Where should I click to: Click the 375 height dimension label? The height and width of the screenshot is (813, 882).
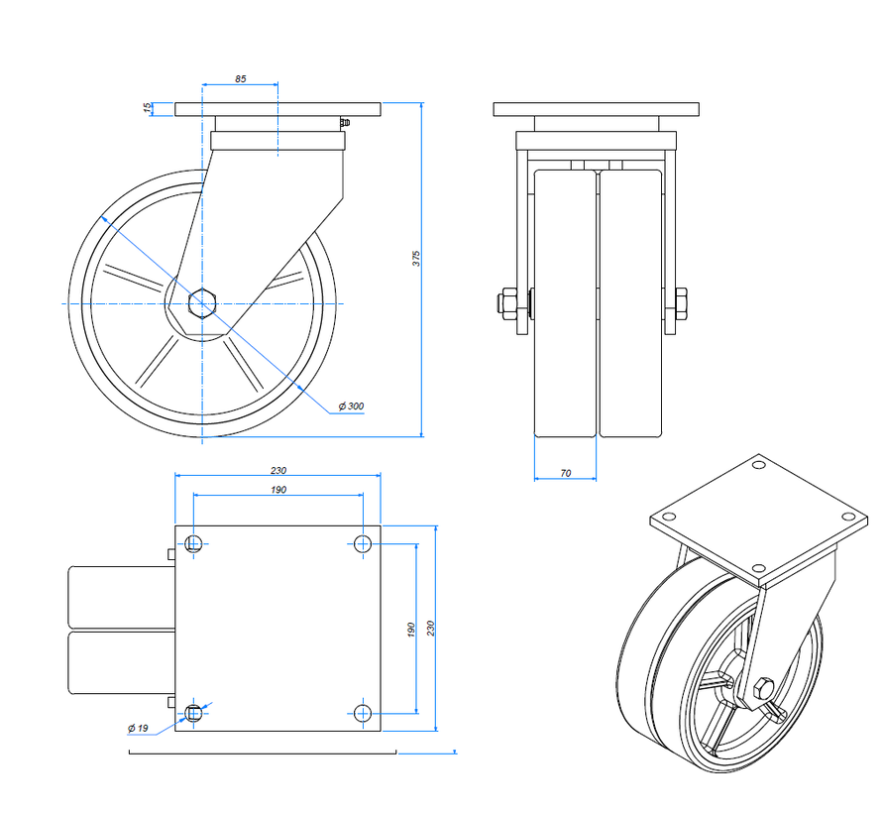(x=417, y=258)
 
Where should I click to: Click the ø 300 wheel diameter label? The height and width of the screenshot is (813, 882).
(x=351, y=406)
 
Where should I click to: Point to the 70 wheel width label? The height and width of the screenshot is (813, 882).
(x=565, y=473)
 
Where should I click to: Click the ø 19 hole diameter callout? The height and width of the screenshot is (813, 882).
(x=138, y=729)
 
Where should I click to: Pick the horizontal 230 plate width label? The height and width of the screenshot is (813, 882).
(x=277, y=469)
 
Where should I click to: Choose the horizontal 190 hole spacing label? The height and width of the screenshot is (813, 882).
(x=277, y=490)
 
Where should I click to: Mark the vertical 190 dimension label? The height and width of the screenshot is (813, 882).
(x=410, y=629)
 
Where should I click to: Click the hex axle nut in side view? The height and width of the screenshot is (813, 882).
(x=203, y=301)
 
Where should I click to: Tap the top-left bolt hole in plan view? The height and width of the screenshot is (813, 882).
(x=194, y=542)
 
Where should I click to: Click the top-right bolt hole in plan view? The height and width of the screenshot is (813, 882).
(x=363, y=542)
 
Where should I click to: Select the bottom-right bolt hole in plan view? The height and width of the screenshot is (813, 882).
(x=363, y=712)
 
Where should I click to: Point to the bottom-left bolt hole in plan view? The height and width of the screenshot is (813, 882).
(x=194, y=712)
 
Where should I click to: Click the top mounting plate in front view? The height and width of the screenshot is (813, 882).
(x=596, y=109)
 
